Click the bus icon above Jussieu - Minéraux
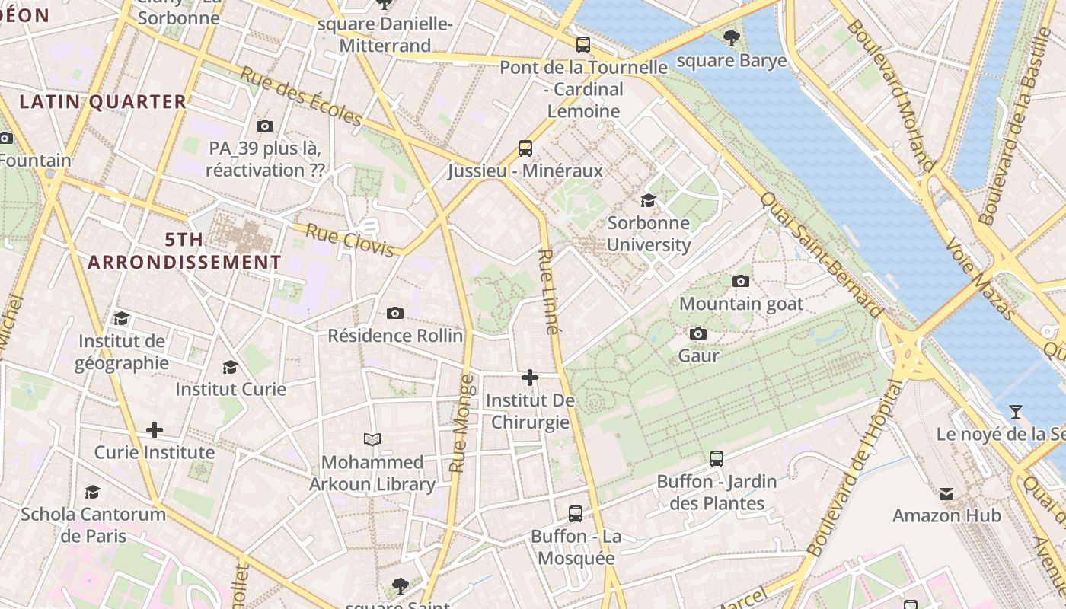tap(525, 148)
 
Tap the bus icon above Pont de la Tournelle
tap(582, 44)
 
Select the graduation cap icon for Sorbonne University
tap(648, 200)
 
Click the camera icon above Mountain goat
tap(740, 281)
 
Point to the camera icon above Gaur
tap(697, 333)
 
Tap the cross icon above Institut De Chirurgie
tap(530, 377)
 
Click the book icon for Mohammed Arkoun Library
tap(372, 439)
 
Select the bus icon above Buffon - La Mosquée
tap(576, 513)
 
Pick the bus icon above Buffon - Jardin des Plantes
tap(716, 458)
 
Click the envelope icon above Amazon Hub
tap(946, 493)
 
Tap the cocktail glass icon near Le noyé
tap(1015, 412)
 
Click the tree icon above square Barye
tap(731, 37)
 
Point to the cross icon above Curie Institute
tap(155, 430)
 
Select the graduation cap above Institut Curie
tap(230, 367)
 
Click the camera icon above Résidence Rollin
tap(394, 313)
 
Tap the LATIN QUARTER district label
tap(103, 101)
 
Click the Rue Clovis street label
tap(349, 240)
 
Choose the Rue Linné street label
tap(549, 292)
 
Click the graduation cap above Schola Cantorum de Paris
tap(92, 492)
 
